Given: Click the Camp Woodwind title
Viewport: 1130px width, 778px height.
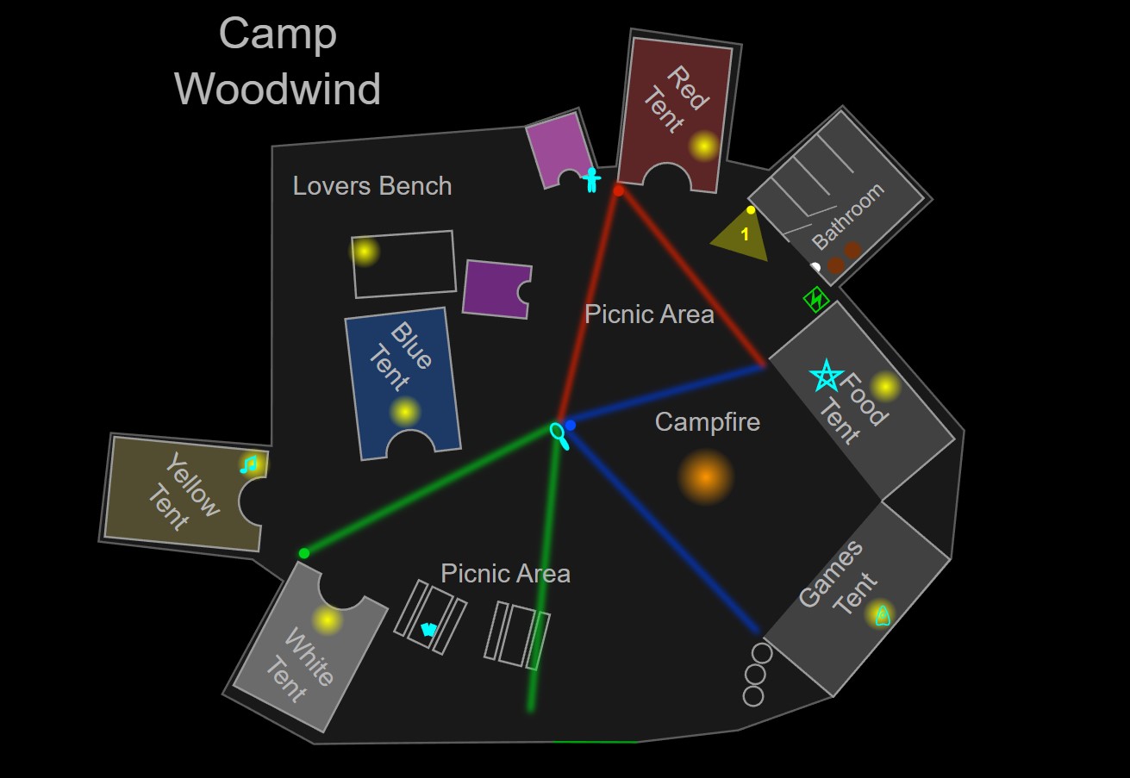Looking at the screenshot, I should pos(278,61).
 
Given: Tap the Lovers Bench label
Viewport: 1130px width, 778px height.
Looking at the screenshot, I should pos(372,186).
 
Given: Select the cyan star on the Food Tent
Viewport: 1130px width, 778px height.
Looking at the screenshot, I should pos(826,375).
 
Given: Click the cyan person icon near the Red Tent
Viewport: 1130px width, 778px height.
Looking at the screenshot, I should pos(591,179).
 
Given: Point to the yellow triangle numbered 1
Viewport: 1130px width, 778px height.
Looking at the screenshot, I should pos(742,236).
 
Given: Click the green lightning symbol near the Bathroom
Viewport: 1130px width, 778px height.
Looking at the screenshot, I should pos(816,299).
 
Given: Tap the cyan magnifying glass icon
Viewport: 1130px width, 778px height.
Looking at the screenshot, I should pos(559,434).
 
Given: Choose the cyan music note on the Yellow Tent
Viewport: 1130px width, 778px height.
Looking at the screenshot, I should pos(249,465).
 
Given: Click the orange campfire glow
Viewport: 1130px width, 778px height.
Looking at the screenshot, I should pos(705,476).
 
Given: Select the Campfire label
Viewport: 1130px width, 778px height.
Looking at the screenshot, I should pos(708,422).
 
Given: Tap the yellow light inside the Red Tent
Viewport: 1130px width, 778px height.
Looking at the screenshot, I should pos(704,146).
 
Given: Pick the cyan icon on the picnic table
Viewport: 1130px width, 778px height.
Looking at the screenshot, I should pos(428,629).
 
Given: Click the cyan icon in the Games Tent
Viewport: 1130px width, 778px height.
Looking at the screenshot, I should pos(882,615).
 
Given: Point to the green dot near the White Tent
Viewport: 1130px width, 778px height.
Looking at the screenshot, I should pos(303,553).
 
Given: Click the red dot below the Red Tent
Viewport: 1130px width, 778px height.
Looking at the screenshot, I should pos(618,190).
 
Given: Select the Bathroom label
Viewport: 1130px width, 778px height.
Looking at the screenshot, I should pos(848,216).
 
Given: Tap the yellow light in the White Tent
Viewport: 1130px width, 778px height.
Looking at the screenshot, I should pos(327,619).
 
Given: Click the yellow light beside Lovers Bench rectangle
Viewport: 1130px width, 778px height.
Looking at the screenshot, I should pos(365,252).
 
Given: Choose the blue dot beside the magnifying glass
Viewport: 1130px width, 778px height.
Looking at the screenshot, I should pos(571,425).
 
